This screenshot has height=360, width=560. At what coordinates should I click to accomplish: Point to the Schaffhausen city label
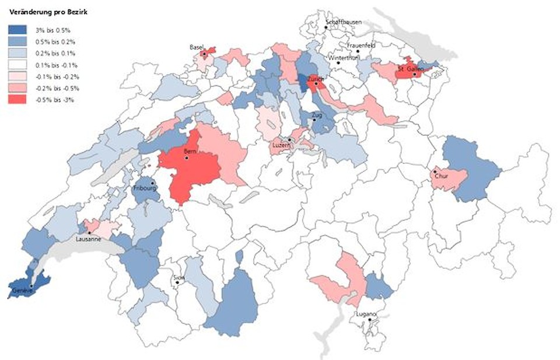click(344, 22)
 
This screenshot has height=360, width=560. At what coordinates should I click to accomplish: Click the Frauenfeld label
click(360, 46)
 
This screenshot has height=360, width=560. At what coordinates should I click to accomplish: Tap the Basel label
click(196, 47)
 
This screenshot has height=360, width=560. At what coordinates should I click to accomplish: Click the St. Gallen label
click(409, 68)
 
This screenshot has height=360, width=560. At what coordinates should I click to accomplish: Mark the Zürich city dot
click(316, 83)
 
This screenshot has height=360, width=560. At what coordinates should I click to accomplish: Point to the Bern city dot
click(186, 158)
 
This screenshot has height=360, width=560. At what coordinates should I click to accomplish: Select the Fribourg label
click(143, 188)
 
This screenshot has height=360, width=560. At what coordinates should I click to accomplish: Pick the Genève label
click(22, 290)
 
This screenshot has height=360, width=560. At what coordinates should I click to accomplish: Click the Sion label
click(179, 277)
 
